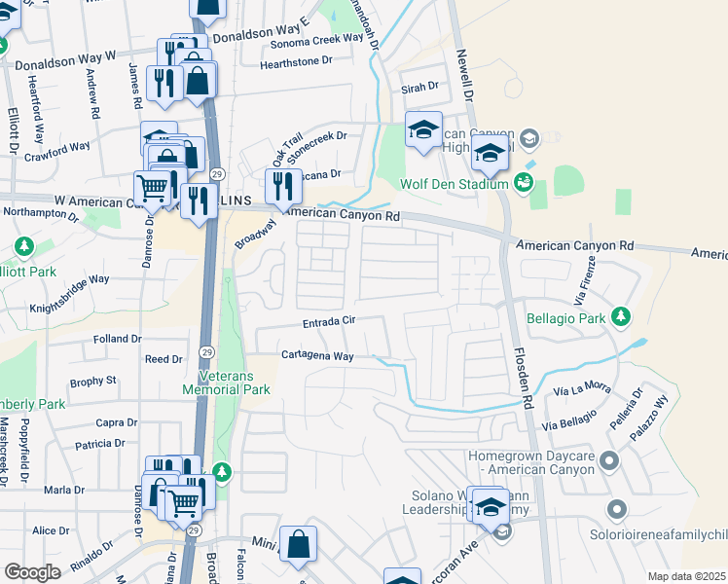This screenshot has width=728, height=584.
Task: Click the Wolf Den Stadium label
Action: click(x=455, y=184)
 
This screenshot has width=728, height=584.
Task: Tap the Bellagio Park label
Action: click(x=564, y=317)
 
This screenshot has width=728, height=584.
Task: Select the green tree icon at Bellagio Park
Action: click(x=620, y=316)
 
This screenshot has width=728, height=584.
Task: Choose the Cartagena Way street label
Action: click(x=317, y=356)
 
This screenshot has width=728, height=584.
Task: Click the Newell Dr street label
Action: click(x=463, y=78)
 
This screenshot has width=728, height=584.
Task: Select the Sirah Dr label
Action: click(x=419, y=87)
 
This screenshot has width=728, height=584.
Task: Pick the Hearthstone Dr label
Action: click(x=297, y=64)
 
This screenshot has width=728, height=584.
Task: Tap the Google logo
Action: click(x=32, y=572)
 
